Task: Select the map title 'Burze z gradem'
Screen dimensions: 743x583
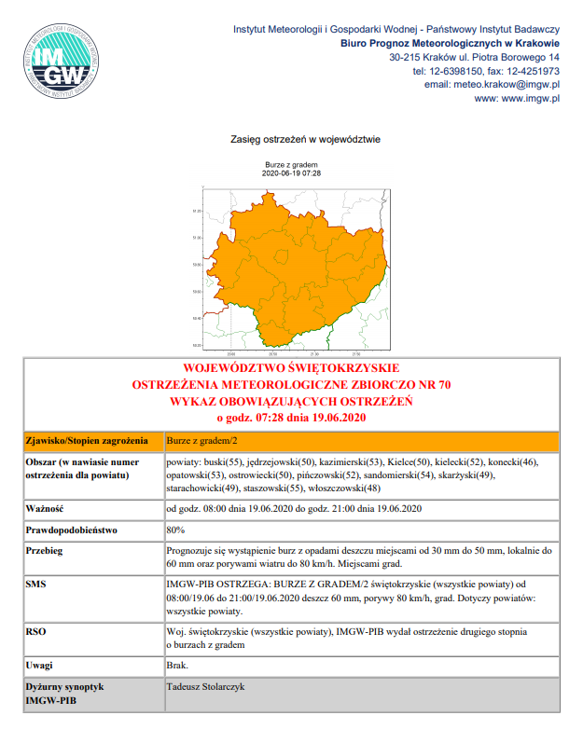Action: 291,165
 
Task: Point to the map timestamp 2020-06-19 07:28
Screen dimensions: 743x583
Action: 291,173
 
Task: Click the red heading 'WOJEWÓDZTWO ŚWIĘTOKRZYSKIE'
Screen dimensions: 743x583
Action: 292,369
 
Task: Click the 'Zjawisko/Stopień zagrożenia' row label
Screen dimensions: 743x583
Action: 86,439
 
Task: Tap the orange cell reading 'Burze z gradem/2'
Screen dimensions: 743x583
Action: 201,439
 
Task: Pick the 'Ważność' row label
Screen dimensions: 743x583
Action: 44,508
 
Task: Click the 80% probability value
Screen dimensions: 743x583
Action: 174,530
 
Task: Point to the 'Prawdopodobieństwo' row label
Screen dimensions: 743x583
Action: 72,530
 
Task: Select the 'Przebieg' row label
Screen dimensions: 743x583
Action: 46,551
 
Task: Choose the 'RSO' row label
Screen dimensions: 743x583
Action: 35,631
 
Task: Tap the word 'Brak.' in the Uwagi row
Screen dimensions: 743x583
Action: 177,666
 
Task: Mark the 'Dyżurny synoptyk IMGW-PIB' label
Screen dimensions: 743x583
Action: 62,693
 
